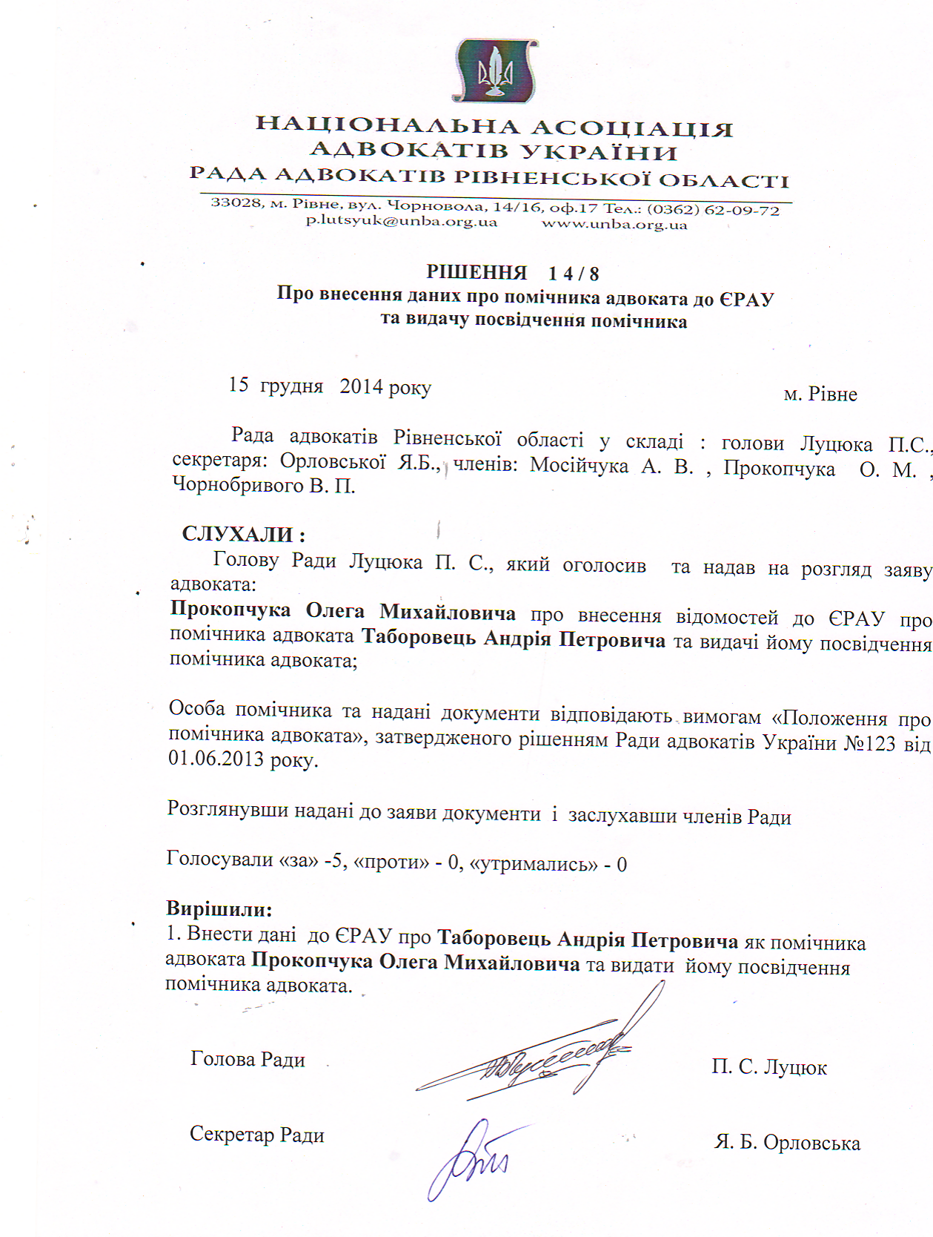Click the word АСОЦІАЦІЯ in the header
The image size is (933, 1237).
[x=632, y=128]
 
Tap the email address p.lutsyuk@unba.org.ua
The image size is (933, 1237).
[x=402, y=221]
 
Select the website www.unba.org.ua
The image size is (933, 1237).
[x=614, y=224]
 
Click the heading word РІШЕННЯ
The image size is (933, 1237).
[x=477, y=272]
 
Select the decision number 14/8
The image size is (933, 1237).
[x=574, y=274]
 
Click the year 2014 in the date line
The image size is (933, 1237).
[x=361, y=386]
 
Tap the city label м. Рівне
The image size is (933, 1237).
[x=820, y=394]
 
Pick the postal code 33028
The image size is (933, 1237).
[x=236, y=202]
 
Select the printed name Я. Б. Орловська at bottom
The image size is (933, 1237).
[x=787, y=1143]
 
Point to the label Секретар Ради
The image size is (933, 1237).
[x=257, y=1134]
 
